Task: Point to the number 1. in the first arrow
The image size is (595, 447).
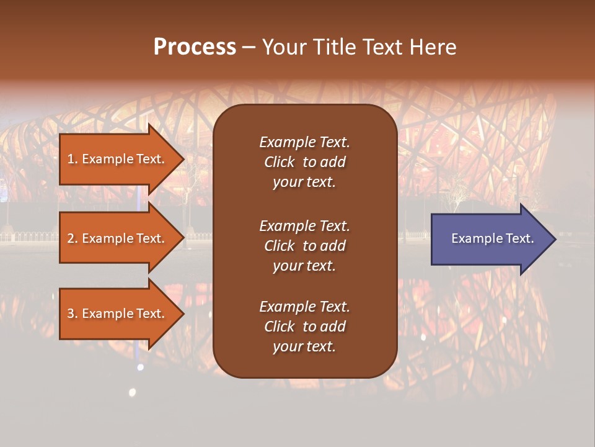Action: coord(73,159)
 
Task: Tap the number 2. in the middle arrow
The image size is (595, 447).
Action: coord(73,238)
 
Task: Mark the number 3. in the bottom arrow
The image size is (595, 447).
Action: coord(73,314)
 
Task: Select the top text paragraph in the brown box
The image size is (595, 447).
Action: coord(304,162)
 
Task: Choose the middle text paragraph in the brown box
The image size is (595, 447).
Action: coord(304,246)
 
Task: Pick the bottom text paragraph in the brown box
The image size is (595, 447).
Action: coord(304,327)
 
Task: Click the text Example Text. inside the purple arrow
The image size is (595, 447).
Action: coord(493,238)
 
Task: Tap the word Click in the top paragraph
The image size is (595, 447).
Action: coord(279,162)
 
